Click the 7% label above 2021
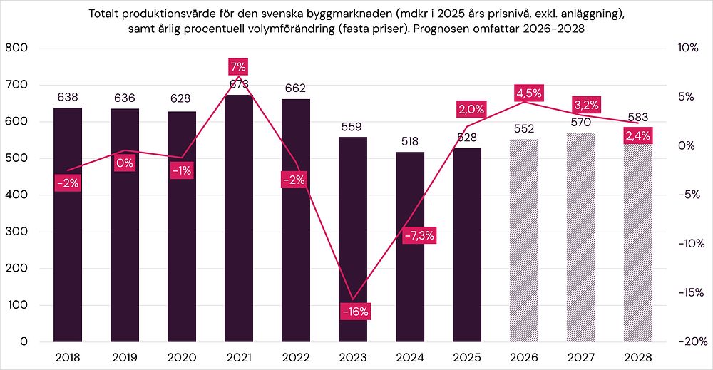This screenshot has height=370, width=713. click(x=238, y=67)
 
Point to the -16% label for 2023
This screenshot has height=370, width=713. click(x=354, y=312)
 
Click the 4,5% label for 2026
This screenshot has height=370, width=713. click(x=528, y=93)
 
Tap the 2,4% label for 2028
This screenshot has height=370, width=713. click(x=639, y=135)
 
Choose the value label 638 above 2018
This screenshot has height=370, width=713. click(x=68, y=97)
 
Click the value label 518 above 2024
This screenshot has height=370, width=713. click(x=410, y=141)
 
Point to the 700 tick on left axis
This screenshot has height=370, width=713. click(x=16, y=85)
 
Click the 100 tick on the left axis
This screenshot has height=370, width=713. click(x=16, y=305)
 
